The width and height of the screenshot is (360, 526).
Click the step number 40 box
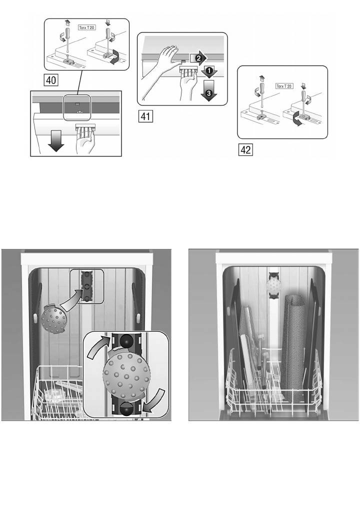pyautogui.click(x=51, y=80)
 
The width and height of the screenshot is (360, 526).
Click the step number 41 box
pyautogui.click(x=145, y=116)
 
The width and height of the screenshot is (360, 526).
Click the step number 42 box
pyautogui.click(x=245, y=149)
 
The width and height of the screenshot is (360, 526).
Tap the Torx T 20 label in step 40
pyautogui.click(x=87, y=27)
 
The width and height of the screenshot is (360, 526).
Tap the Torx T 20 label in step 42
pyautogui.click(x=284, y=86)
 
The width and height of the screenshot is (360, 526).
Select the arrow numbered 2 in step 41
pyautogui.click(x=198, y=58)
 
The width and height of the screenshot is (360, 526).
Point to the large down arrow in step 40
pyautogui.click(x=55, y=141)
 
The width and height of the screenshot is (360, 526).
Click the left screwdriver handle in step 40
pyautogui.click(x=67, y=34)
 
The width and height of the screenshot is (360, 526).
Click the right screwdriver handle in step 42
pyautogui.click(x=303, y=96)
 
